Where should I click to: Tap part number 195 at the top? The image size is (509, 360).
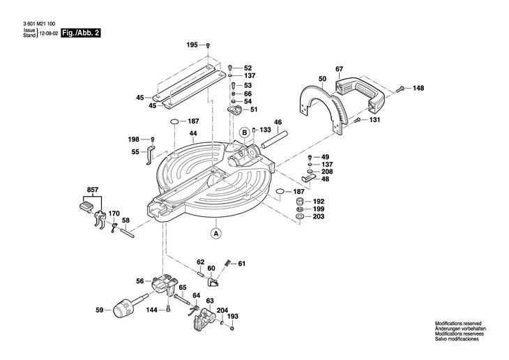tap(192, 45)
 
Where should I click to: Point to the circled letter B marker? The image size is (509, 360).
tap(245, 132)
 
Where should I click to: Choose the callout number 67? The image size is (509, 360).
tap(339, 68)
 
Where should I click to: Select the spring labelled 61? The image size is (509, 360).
tap(227, 264)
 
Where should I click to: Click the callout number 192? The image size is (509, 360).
tap(318, 201)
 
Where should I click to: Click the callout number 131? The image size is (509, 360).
tap(374, 120)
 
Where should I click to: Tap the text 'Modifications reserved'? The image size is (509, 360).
tap(457, 324)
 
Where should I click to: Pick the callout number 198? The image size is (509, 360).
tap(132, 138)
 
